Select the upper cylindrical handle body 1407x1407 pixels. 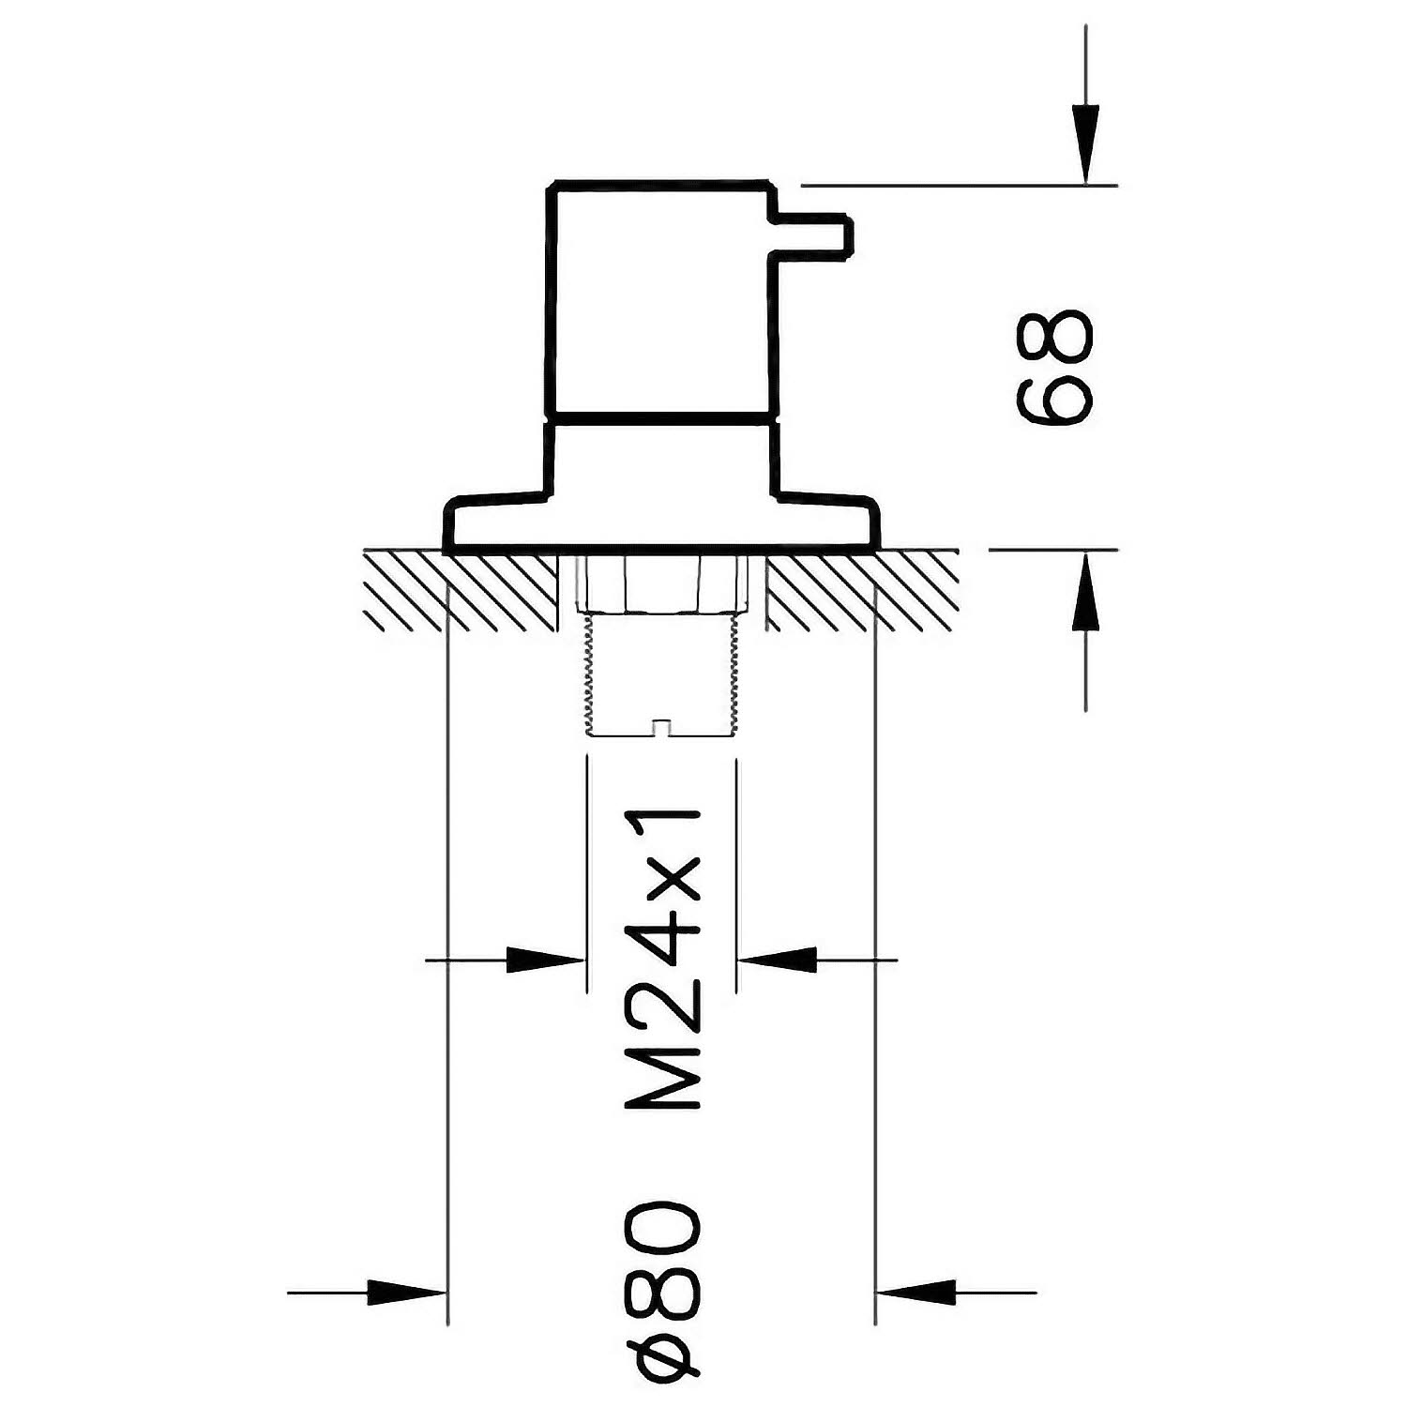click(661, 295)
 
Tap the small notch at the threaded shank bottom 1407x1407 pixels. click(662, 728)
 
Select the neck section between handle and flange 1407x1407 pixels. click(661, 455)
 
